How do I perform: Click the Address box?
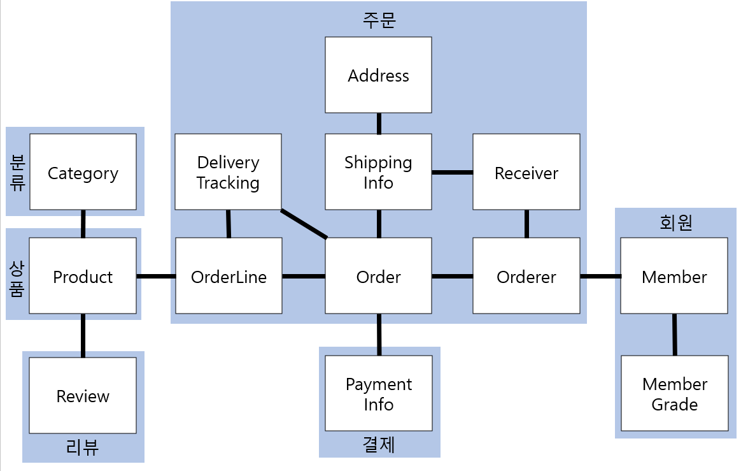378,75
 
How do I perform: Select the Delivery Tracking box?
228,172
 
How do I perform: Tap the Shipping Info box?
378,172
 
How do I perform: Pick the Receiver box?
526,172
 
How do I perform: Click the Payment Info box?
378,393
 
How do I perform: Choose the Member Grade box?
674,393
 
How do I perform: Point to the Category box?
83,172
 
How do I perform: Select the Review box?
83,395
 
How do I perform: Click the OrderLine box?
229,276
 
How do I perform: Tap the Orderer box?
526,276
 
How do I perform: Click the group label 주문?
379,20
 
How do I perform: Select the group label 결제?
379,444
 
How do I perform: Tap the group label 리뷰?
83,447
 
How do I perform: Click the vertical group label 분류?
18,172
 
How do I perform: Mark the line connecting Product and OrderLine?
156,276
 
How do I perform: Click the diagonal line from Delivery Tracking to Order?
304,224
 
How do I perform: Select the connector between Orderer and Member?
600,276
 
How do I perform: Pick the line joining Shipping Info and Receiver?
452,172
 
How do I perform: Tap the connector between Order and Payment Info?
379,335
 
